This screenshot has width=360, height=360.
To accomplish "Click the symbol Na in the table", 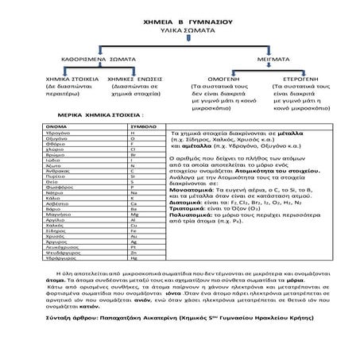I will (133, 193).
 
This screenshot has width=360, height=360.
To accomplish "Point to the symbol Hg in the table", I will (134, 259).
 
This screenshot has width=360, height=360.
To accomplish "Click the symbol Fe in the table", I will (133, 230).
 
